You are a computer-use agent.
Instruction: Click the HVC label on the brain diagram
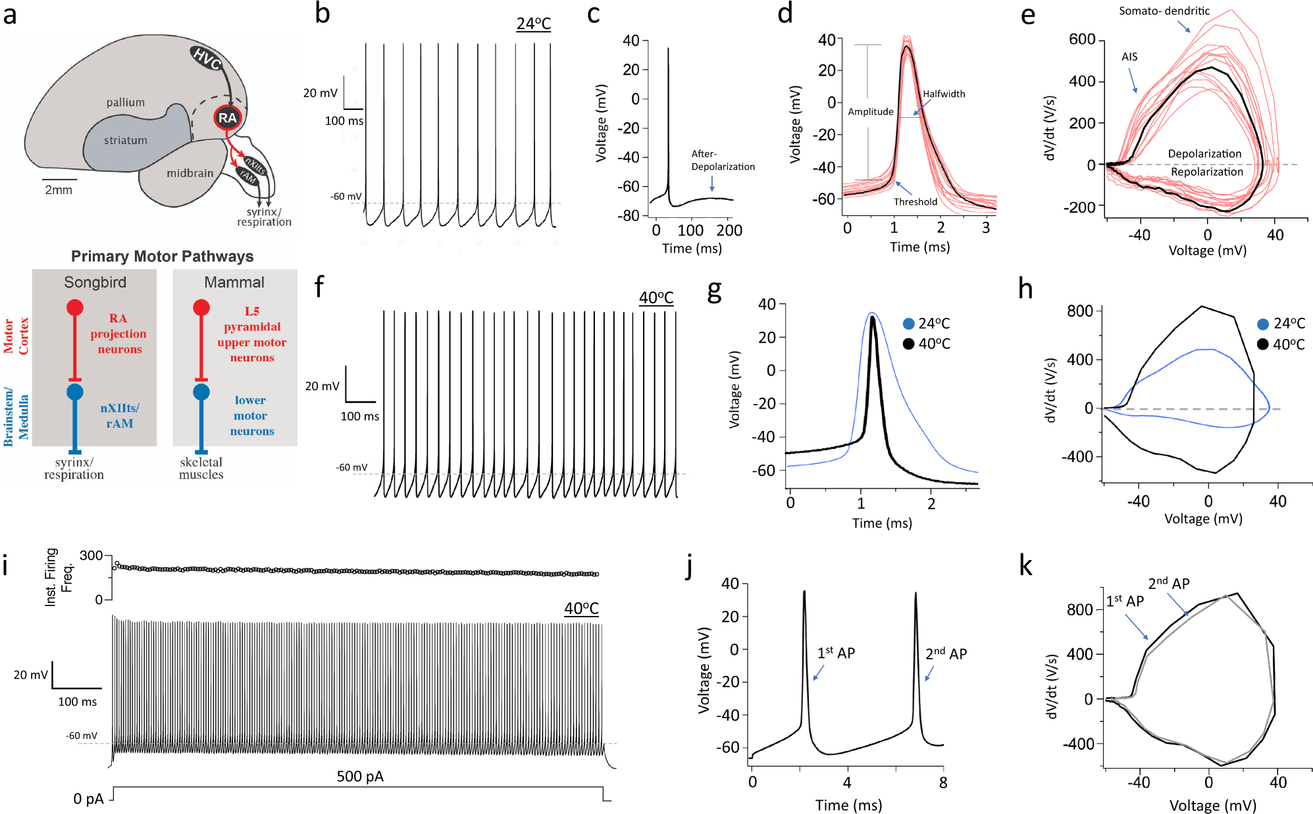click(207, 59)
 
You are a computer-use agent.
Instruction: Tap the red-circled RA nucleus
click(228, 118)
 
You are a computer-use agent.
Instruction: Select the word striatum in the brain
click(125, 140)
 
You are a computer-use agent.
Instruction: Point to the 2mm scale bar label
click(59, 190)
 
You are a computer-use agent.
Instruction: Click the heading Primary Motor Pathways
click(162, 256)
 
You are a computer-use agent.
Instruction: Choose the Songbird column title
click(95, 282)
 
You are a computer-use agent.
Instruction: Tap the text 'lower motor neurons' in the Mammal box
click(251, 415)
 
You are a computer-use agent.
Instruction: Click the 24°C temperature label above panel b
click(533, 24)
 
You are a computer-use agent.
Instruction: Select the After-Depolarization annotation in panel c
click(722, 160)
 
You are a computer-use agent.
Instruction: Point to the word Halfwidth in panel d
click(944, 94)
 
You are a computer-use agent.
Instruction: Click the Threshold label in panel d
click(915, 202)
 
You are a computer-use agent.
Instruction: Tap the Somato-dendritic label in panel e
click(1164, 11)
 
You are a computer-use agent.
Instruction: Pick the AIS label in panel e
click(1129, 57)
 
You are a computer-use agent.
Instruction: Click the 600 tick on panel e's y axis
click(1081, 39)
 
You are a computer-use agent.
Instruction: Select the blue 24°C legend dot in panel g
click(909, 323)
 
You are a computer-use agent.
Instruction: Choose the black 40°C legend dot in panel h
click(1262, 344)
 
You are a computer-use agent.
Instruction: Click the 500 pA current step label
click(359, 776)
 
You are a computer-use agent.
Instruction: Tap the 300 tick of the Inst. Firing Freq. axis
click(91, 555)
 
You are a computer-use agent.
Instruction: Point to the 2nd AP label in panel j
click(946, 653)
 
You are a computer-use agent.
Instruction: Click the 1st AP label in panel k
click(1124, 601)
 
